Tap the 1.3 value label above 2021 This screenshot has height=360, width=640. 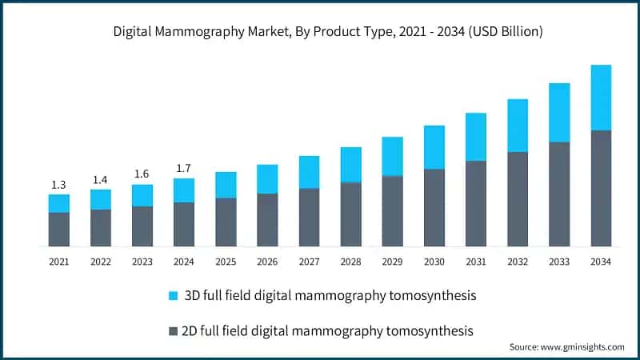[58, 186]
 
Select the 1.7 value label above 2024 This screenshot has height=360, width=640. [184, 169]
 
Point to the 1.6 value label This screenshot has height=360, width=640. [142, 174]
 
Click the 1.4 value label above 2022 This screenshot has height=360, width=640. [101, 180]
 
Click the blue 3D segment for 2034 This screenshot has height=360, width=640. [600, 98]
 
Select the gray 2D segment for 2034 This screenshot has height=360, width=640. [600, 188]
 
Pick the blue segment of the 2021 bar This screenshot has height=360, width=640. [58, 203]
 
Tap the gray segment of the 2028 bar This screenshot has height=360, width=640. [350, 214]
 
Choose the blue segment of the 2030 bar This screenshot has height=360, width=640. [434, 147]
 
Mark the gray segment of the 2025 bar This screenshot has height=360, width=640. [226, 222]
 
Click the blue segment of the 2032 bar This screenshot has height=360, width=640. [517, 126]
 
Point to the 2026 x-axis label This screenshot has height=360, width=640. [267, 262]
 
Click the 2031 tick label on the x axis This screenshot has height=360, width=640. [475, 262]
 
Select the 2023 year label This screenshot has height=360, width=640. [142, 262]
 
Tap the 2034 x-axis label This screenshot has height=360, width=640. [600, 262]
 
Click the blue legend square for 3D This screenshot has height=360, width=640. [173, 296]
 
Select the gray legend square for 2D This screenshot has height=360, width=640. [173, 330]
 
